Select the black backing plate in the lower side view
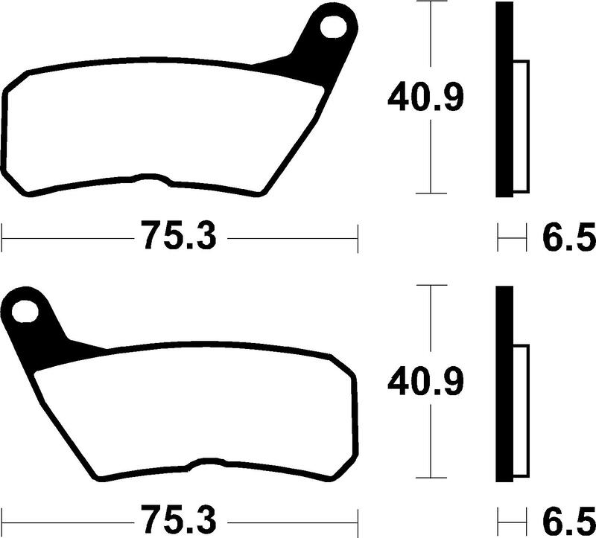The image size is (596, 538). pos(504,383)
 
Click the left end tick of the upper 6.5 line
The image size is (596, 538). pos(498,239)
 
